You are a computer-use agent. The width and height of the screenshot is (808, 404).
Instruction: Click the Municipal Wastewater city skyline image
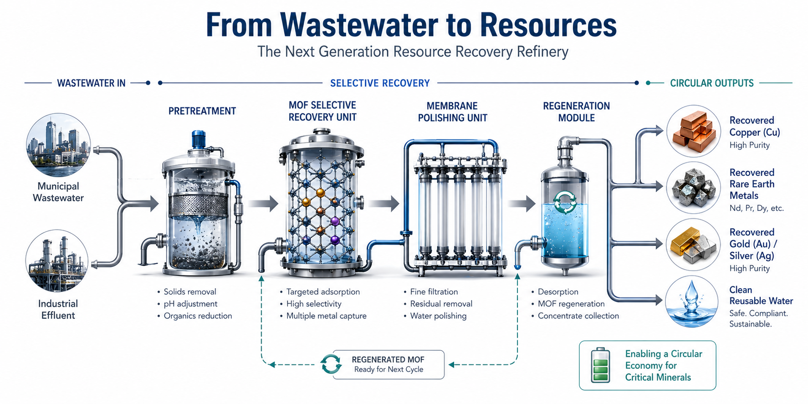tap(58, 145)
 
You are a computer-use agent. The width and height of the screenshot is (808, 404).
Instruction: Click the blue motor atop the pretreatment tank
tap(199, 139)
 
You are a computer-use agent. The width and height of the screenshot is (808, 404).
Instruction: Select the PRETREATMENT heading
tap(202, 111)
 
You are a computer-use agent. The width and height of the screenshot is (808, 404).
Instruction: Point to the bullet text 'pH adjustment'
tap(190, 304)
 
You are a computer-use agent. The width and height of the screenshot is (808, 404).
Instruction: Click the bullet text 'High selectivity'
tap(314, 304)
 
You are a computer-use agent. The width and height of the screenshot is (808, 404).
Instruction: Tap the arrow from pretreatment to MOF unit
tap(264, 204)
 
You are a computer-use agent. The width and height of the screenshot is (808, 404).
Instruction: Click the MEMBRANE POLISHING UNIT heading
tap(452, 112)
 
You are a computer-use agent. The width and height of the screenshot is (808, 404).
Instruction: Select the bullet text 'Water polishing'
tap(438, 316)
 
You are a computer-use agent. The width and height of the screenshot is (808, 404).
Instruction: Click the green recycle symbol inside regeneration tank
tap(565, 202)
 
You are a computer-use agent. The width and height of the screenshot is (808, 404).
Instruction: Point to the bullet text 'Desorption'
tap(558, 292)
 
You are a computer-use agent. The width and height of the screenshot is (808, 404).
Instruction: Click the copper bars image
tap(694, 132)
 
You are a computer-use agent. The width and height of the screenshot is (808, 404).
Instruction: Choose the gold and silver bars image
tap(693, 245)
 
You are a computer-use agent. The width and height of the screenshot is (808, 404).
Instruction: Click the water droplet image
tap(691, 302)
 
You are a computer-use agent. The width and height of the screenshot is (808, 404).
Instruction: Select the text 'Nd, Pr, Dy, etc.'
tap(757, 209)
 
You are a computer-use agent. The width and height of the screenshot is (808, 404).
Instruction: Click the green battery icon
tap(600, 365)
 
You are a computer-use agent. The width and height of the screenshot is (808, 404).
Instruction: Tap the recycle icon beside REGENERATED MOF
tap(331, 364)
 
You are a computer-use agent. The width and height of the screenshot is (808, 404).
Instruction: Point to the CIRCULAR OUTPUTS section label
tap(711, 83)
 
